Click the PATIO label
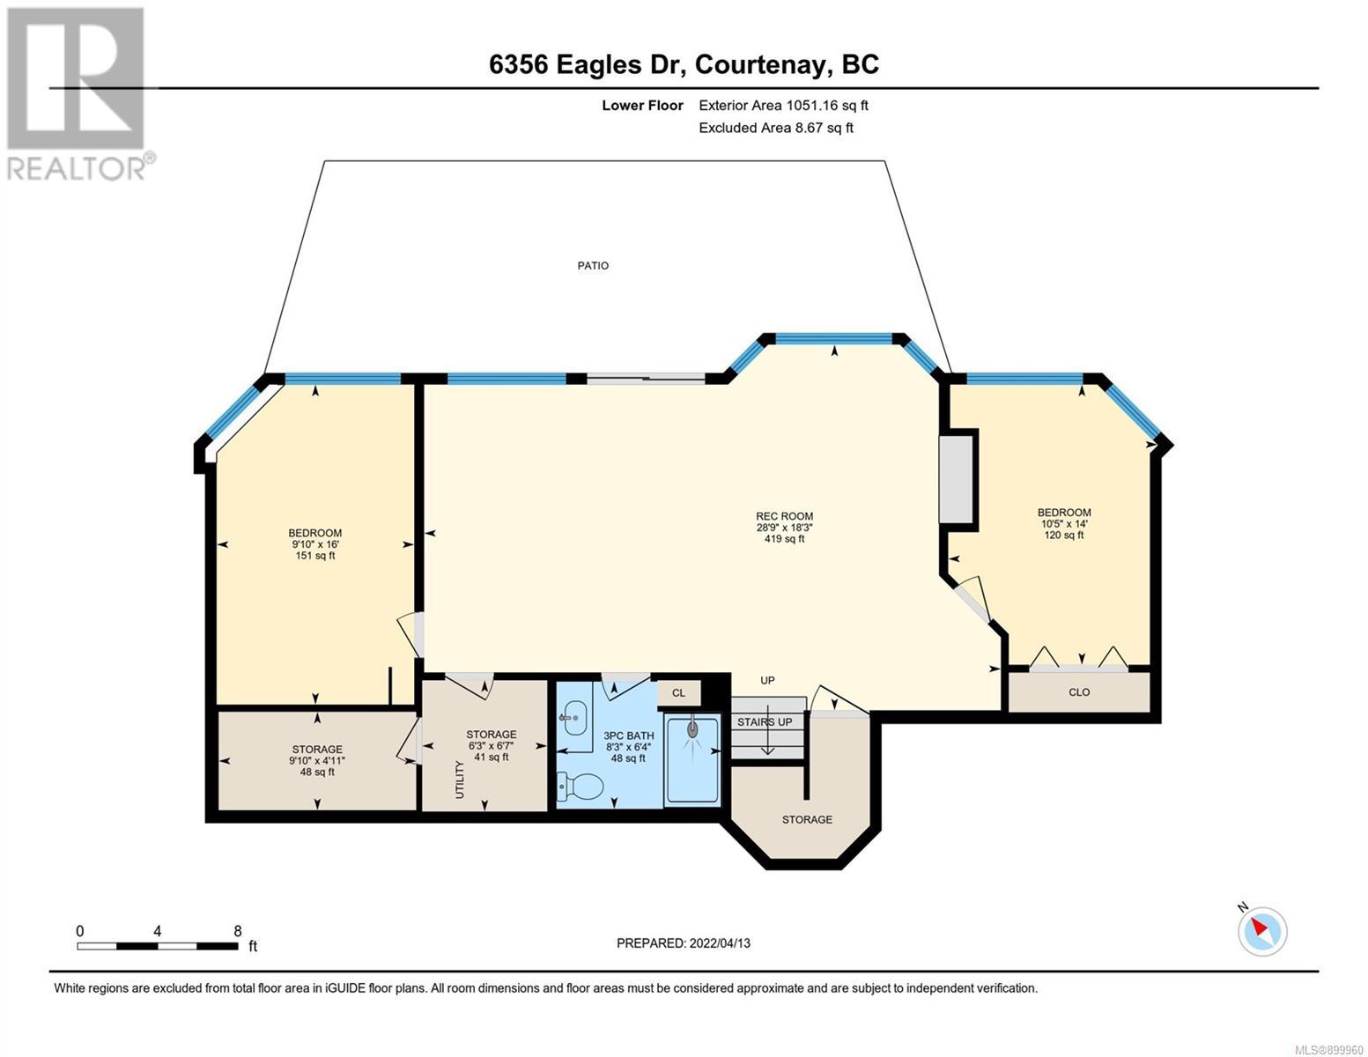pyautogui.click(x=593, y=266)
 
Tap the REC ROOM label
pyautogui.click(x=784, y=516)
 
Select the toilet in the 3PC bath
pyautogui.click(x=580, y=786)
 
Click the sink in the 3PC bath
pyautogui.click(x=573, y=718)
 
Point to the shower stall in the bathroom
pyautogui.click(x=691, y=760)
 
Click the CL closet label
pyautogui.click(x=678, y=693)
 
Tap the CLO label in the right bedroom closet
pyautogui.click(x=1078, y=691)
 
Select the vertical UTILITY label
pyautogui.click(x=459, y=780)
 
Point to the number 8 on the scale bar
pyautogui.click(x=237, y=931)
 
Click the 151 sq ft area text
pyautogui.click(x=315, y=556)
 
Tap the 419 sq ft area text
pyautogui.click(x=784, y=539)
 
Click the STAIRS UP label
pyautogui.click(x=765, y=722)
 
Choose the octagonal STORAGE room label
pyautogui.click(x=807, y=820)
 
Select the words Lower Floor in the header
pyautogui.click(x=642, y=105)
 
